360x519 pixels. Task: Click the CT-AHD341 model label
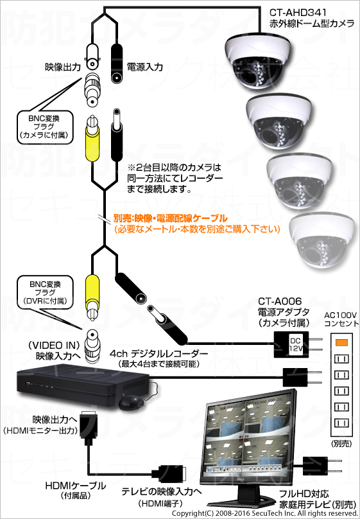pos(298,13)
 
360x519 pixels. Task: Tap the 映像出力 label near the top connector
pos(63,67)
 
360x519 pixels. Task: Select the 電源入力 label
pos(145,67)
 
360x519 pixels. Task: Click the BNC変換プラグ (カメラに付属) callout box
pos(44,127)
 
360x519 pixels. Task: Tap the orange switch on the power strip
pos(341,342)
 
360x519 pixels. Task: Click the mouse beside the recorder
pos(132,402)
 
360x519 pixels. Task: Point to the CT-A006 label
pos(280,301)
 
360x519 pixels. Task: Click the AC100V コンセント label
pos(341,319)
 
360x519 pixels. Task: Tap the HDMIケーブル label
pos(75,486)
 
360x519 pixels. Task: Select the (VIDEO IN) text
pos(54,345)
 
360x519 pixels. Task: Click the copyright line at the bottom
pos(265,513)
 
